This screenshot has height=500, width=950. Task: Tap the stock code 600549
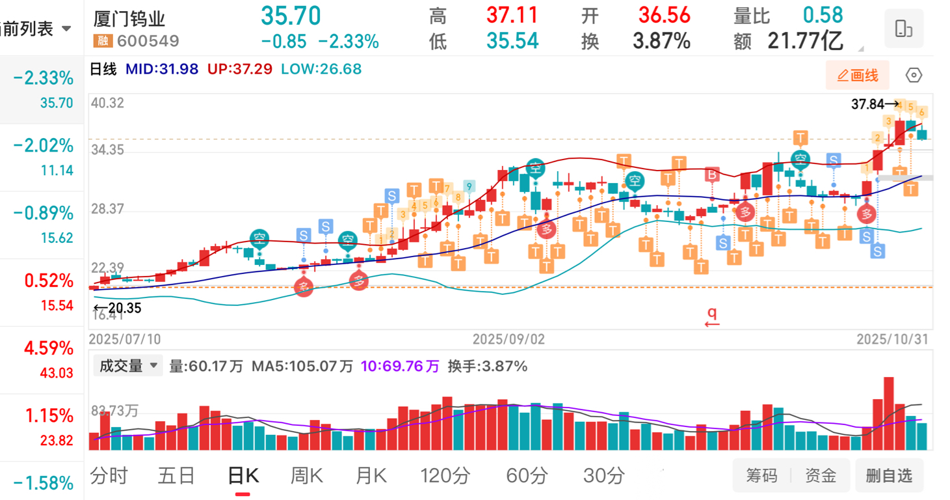148,42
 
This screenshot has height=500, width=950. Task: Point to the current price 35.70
291,16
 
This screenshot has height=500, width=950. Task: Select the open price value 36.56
663,15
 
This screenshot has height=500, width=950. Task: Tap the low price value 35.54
512,42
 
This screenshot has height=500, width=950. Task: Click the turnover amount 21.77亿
805,42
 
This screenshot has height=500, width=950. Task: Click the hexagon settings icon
914,76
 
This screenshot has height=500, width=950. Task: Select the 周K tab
306,476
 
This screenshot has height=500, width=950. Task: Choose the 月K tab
371,476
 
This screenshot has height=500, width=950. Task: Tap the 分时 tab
109,476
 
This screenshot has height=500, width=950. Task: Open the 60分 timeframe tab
526,476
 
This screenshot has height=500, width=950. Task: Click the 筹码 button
761,476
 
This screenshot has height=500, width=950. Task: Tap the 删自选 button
889,476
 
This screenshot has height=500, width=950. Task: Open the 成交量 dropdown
128,366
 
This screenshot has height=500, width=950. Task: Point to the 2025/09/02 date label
508,339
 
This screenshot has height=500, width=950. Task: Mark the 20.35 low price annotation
122,308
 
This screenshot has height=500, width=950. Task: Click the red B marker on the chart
713,174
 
